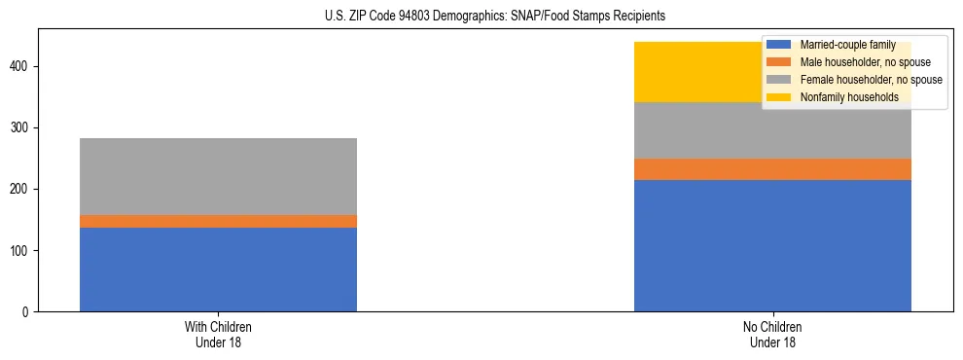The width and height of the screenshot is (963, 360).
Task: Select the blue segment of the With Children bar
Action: point(218,270)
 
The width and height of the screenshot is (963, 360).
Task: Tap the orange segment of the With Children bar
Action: point(218,221)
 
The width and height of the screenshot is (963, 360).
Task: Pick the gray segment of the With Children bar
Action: point(218,176)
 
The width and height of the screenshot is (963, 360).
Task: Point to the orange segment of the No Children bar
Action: point(772,169)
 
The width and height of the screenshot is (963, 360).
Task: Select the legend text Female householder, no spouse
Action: point(871,80)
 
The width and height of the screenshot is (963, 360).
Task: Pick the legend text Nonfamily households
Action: point(849,97)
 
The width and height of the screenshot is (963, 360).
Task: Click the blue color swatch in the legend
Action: point(779,45)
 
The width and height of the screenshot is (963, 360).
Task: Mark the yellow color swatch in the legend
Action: point(779,97)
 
